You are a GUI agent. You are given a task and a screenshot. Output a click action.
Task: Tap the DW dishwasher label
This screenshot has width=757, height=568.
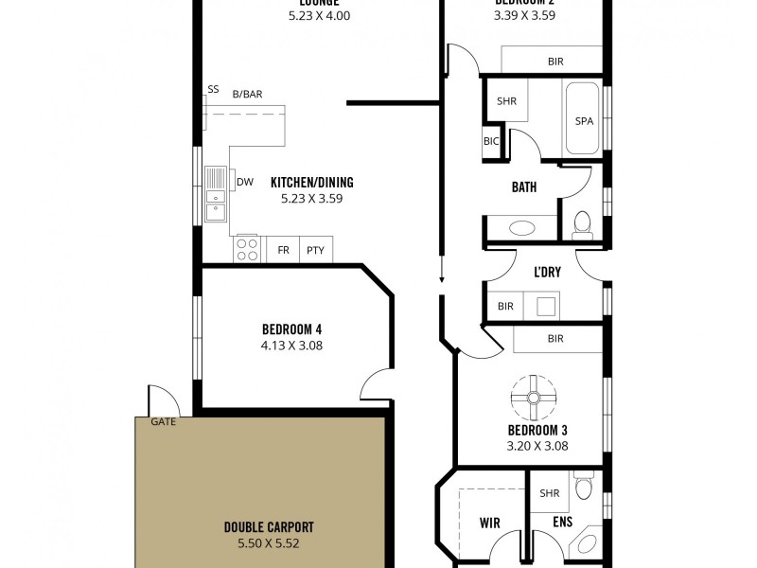point(244,183)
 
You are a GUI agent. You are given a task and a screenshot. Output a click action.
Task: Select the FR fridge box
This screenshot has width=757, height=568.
point(283,251)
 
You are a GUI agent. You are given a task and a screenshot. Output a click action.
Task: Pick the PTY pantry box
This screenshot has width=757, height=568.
point(316,251)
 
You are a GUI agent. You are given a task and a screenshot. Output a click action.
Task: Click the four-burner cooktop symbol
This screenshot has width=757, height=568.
point(247,250)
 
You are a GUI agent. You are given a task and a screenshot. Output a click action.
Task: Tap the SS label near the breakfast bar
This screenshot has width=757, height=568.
point(213,90)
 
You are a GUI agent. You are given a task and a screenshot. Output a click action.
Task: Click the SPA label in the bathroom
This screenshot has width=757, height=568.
point(584,121)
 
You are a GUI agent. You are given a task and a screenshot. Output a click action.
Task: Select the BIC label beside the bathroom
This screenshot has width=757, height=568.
point(491,142)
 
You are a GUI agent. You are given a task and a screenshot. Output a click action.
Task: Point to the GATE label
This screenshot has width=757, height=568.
point(163,422)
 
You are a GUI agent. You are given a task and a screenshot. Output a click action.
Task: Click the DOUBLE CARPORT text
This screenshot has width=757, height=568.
point(269,527)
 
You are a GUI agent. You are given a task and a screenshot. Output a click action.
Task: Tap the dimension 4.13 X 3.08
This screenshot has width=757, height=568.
point(292,346)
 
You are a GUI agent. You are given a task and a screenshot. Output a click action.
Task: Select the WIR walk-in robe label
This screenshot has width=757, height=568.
point(490,522)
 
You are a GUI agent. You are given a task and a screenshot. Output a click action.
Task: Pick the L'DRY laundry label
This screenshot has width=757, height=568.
point(547,273)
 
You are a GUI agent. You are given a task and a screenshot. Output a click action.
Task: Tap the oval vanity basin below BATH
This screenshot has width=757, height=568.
point(520,228)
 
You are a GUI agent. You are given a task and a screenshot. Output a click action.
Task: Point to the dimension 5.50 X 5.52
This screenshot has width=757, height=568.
point(269,543)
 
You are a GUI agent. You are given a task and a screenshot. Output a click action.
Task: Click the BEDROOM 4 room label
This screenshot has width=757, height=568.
point(292,329)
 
